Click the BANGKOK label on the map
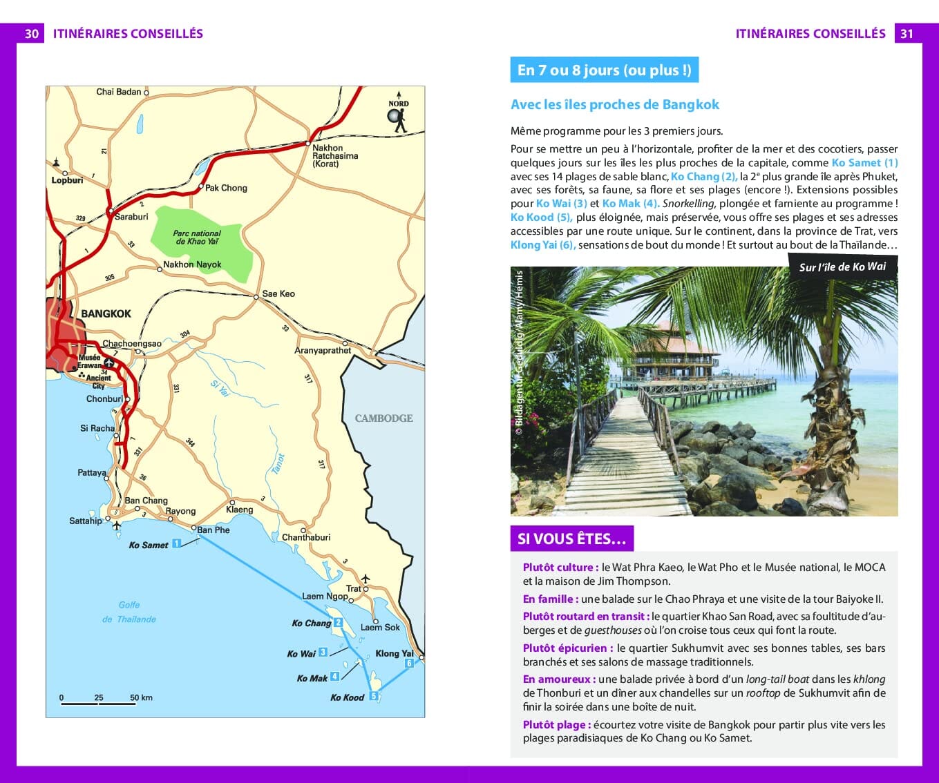106,313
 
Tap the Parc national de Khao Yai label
197,238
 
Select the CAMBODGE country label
383,418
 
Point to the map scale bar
97,702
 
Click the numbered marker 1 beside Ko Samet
176,543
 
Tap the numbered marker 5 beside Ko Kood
374,696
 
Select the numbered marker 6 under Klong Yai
409,663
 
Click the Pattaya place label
91,473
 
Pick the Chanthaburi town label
306,537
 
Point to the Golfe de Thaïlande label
129,612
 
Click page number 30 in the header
31,34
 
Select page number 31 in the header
907,34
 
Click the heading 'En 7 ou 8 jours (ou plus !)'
604,70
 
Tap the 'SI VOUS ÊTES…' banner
571,539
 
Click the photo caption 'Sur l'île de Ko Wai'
842,267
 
